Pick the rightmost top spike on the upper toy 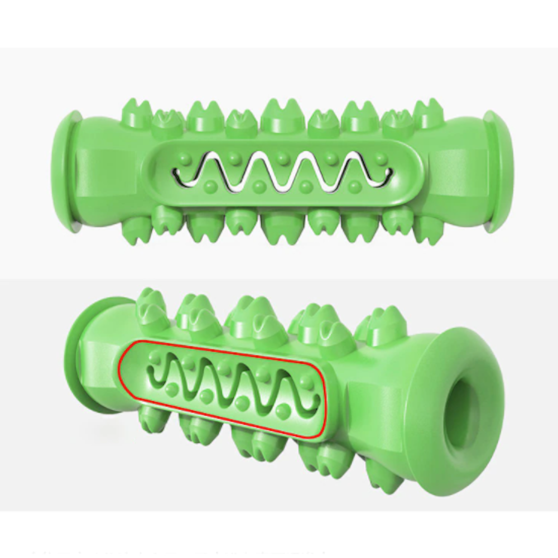click(428, 113)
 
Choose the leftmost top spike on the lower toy click(151, 310)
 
